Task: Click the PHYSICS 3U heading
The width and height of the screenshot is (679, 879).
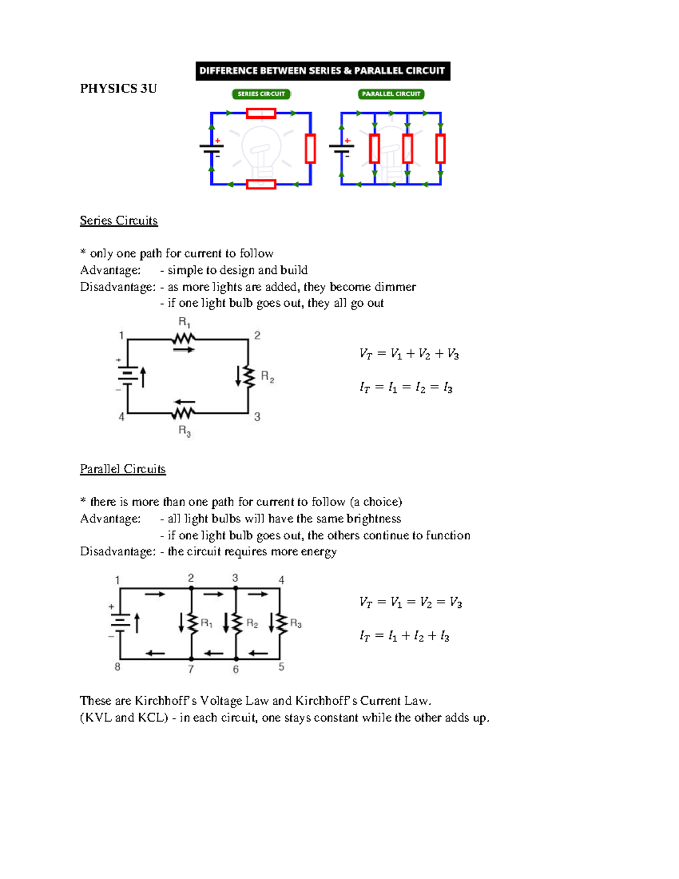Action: pyautogui.click(x=118, y=88)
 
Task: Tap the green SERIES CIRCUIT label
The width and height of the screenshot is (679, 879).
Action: pyautogui.click(x=261, y=94)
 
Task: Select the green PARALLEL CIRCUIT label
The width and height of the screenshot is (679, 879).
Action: pyautogui.click(x=391, y=94)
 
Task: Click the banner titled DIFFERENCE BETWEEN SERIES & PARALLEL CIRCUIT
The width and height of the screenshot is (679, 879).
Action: pyautogui.click(x=323, y=71)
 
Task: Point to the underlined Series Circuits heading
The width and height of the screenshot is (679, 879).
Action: pyautogui.click(x=119, y=221)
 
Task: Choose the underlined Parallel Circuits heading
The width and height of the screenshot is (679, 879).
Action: pyautogui.click(x=123, y=469)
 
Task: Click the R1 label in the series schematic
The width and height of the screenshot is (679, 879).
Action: pyautogui.click(x=184, y=323)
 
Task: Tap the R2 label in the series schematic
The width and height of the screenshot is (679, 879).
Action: pyautogui.click(x=267, y=376)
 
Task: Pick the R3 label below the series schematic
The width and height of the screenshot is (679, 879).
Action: pyautogui.click(x=184, y=431)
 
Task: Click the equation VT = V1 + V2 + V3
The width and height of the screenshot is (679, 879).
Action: pyautogui.click(x=409, y=354)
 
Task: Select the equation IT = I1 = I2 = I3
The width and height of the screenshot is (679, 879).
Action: pyautogui.click(x=406, y=388)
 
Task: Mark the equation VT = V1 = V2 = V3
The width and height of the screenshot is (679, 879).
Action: pyautogui.click(x=410, y=603)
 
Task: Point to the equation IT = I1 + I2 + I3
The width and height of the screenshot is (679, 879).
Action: pyautogui.click(x=404, y=636)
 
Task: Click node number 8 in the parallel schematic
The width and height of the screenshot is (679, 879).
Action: pyautogui.click(x=118, y=667)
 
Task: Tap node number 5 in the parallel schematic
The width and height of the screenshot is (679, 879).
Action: pyautogui.click(x=281, y=667)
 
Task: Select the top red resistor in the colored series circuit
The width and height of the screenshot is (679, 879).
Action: pyautogui.click(x=261, y=114)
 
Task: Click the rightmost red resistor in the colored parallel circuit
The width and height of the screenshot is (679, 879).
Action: pyautogui.click(x=440, y=148)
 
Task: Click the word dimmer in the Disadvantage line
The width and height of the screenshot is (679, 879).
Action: pyautogui.click(x=395, y=287)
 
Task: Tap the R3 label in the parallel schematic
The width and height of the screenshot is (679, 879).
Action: pyautogui.click(x=295, y=624)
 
